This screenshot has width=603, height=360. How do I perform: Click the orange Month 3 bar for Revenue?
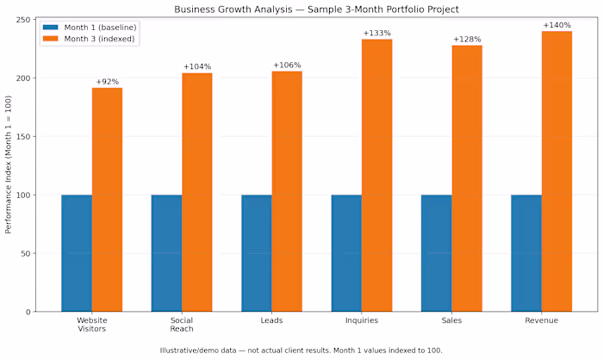(556, 171)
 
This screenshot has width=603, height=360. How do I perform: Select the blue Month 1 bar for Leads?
(257, 253)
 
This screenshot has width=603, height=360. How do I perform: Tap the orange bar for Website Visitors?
(108, 200)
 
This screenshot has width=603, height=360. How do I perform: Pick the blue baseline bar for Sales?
(437, 253)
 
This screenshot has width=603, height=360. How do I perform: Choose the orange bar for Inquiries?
(377, 176)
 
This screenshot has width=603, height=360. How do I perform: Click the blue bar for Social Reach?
(166, 253)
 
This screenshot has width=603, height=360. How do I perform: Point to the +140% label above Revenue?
(556, 25)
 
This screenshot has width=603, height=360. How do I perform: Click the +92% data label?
(108, 82)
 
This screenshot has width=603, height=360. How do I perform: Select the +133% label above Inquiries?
(377, 34)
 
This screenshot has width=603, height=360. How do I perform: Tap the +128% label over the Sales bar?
(467, 40)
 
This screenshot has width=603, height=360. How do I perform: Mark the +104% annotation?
(197, 67)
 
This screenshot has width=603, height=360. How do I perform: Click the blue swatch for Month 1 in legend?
(50, 28)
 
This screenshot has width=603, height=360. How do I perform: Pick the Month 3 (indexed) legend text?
(99, 39)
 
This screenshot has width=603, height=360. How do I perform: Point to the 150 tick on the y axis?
(23, 137)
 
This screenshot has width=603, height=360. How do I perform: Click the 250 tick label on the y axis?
(23, 20)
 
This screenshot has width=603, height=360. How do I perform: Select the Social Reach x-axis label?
(182, 325)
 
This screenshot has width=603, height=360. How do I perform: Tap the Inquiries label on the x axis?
(362, 320)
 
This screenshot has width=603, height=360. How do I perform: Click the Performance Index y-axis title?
(8, 164)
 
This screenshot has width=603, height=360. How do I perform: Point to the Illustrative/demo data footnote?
(301, 351)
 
